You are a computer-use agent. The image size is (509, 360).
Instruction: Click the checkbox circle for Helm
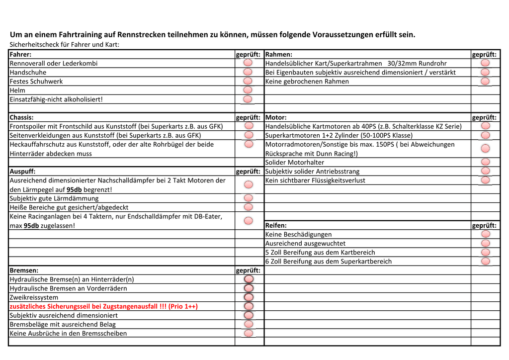click(x=248, y=90)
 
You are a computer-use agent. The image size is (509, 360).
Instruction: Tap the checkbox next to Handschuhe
click(x=248, y=72)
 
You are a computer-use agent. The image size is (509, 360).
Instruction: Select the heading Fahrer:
click(x=21, y=54)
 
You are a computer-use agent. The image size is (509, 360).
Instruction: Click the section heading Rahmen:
click(x=279, y=54)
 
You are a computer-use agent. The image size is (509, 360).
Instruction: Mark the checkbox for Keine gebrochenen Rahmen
click(x=485, y=81)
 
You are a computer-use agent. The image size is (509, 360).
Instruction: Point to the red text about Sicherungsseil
click(x=104, y=306)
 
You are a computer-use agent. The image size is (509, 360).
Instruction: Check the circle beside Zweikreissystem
click(x=249, y=297)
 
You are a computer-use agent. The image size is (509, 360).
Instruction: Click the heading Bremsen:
click(x=24, y=270)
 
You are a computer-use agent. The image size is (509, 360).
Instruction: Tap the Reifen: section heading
click(x=276, y=225)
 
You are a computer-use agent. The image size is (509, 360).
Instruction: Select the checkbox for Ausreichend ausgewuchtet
click(x=486, y=243)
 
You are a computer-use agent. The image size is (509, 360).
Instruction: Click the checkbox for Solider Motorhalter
click(x=486, y=162)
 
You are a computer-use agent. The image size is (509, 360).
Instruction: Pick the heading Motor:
click(x=276, y=117)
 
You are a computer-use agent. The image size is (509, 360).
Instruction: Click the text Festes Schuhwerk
click(x=36, y=81)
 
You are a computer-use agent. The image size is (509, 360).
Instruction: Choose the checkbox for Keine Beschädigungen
click(x=486, y=234)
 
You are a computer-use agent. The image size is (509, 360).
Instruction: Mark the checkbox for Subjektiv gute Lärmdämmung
click(x=248, y=198)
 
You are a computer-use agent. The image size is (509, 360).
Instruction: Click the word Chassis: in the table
click(x=22, y=117)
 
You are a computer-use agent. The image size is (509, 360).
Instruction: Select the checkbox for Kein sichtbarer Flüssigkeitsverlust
click(x=486, y=180)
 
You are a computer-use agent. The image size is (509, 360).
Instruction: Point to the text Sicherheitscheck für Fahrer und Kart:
click(x=65, y=44)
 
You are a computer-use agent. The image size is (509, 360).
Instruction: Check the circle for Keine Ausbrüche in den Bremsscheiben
click(x=249, y=333)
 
